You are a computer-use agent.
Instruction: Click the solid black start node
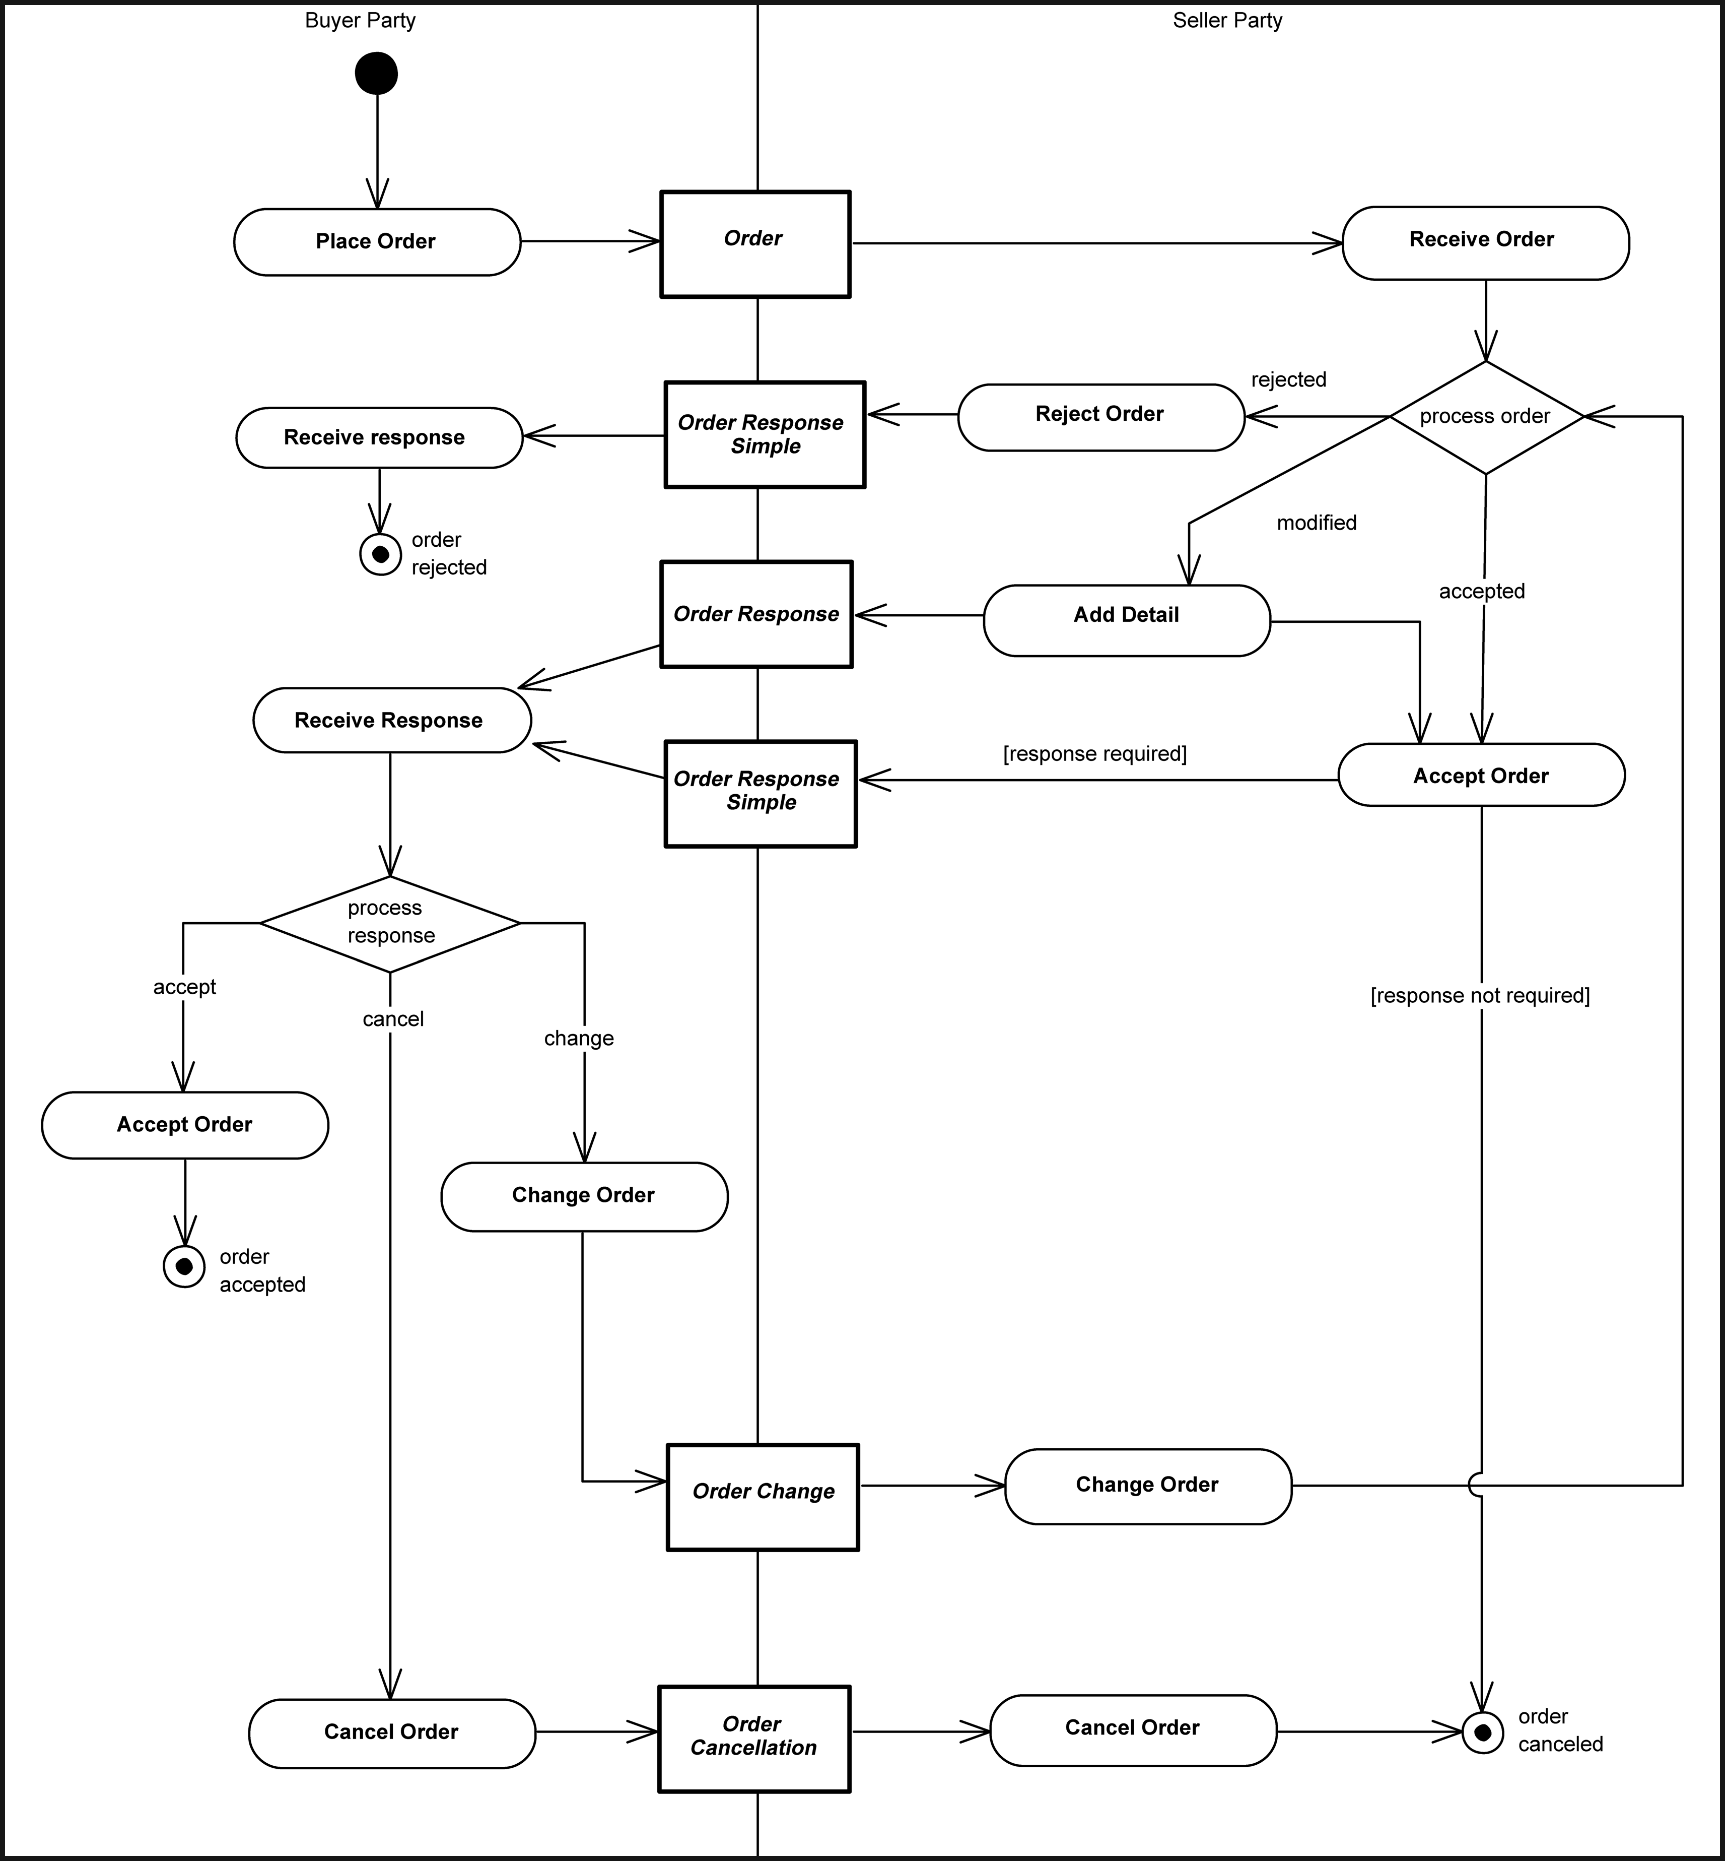click(376, 74)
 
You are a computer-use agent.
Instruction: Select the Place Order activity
click(376, 242)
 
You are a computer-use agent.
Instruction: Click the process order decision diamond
click(1485, 416)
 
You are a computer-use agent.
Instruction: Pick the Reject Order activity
click(1100, 416)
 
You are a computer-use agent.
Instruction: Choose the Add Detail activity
click(1127, 620)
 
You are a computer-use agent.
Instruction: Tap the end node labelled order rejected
click(380, 555)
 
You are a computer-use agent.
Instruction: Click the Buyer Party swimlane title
click(360, 21)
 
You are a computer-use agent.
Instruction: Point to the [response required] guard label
click(1094, 753)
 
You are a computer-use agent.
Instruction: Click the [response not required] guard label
click(1480, 995)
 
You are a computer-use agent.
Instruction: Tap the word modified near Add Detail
click(1316, 523)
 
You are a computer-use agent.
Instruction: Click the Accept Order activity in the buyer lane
click(185, 1125)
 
